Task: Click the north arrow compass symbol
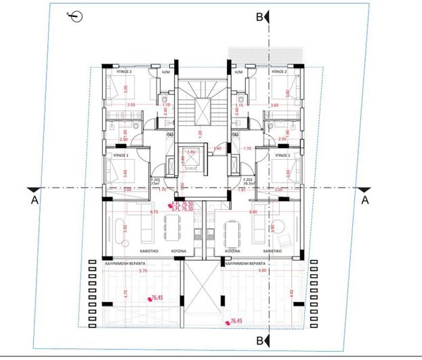tap(76, 17)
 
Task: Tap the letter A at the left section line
tap(34, 200)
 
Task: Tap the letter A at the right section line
tap(364, 200)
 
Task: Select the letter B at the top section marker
tap(259, 18)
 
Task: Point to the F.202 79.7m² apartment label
tap(248, 181)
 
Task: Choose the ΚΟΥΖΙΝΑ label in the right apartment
tap(234, 250)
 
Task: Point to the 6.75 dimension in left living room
tap(154, 212)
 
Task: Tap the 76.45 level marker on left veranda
tap(159, 297)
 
